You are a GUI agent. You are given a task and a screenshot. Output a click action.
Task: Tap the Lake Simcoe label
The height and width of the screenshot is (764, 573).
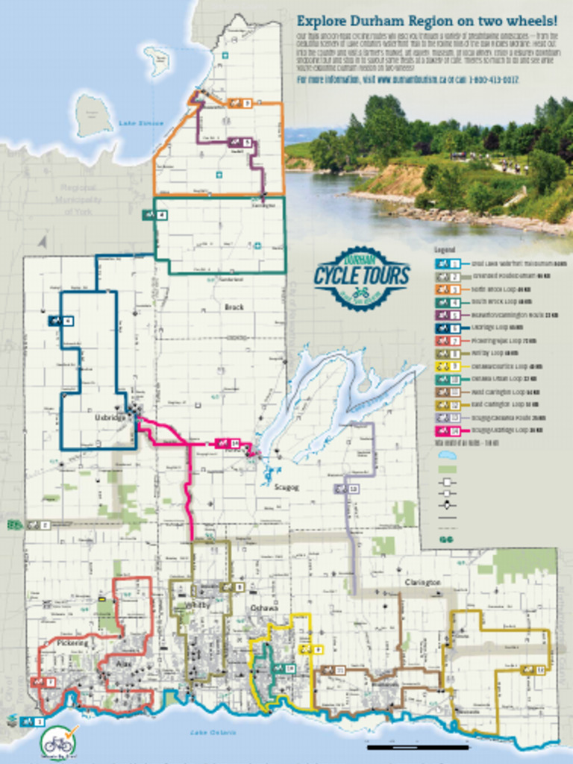coord(135,122)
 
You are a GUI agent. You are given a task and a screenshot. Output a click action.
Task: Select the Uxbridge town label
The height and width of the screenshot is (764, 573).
coord(110,418)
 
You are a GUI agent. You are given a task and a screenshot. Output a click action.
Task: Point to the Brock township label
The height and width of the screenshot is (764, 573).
coord(234,307)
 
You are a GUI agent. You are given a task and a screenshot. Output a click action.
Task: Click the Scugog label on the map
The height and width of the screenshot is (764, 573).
coord(286,486)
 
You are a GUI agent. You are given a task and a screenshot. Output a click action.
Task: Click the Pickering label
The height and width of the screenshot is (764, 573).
coord(72,642)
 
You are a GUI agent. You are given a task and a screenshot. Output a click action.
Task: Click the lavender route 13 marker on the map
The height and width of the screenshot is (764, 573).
coord(346,489)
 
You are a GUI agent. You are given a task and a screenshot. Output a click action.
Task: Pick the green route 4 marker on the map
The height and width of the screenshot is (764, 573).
coord(155,215)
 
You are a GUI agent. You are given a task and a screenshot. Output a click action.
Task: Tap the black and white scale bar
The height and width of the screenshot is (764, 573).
coord(418,747)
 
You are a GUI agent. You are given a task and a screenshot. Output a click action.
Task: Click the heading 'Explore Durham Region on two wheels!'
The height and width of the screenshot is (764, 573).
coord(427,21)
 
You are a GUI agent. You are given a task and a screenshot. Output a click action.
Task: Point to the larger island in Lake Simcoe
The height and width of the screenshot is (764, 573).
coord(93,116)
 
